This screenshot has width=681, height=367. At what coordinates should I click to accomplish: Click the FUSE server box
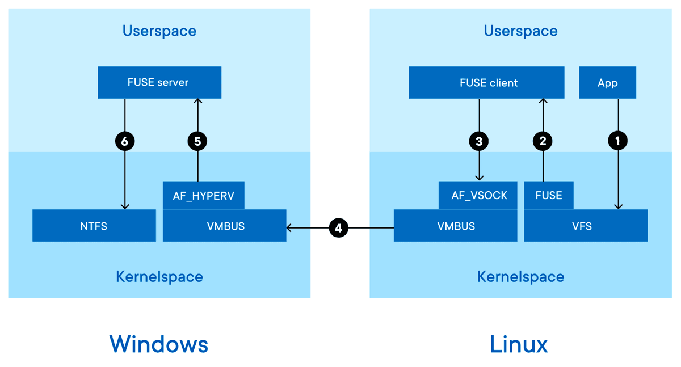click(x=159, y=82)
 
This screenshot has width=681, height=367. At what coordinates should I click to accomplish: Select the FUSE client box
click(x=486, y=83)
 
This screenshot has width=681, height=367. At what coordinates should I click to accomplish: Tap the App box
click(x=607, y=83)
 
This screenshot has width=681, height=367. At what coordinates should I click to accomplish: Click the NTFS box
click(x=94, y=226)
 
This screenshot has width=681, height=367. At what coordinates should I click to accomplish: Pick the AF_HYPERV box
click(x=203, y=196)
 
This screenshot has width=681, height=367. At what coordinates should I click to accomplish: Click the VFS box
click(x=585, y=226)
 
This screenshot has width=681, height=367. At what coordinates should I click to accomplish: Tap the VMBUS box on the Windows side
click(x=225, y=226)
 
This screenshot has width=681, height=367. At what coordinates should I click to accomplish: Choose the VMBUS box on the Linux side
click(x=455, y=226)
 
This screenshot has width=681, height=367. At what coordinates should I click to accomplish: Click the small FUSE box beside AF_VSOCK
click(x=548, y=196)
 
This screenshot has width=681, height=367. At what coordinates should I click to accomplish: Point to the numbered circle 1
click(x=617, y=141)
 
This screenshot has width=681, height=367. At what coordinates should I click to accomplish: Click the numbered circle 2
click(x=543, y=141)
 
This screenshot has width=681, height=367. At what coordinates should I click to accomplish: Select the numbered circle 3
click(x=479, y=141)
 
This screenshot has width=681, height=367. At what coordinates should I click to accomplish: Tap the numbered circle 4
click(x=339, y=228)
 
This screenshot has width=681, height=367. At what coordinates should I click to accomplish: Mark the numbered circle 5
click(x=197, y=141)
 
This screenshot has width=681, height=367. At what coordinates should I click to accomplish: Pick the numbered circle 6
click(x=125, y=141)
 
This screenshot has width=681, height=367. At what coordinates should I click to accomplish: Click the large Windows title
click(x=159, y=344)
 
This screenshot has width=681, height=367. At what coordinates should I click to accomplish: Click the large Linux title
click(x=519, y=344)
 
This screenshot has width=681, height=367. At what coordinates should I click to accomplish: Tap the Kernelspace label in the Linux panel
click(x=520, y=277)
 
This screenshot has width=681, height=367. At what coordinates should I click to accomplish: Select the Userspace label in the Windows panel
click(x=159, y=31)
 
